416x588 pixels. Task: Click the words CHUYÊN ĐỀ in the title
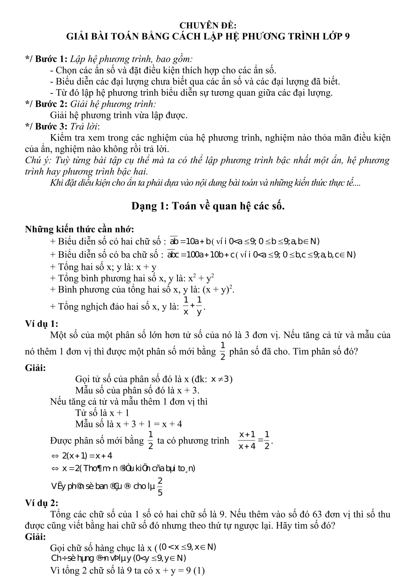tap(208, 26)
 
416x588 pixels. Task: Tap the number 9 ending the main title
tap(347, 37)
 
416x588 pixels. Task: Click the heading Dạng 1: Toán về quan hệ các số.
tap(208, 206)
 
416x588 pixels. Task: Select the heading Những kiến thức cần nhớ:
tap(79, 229)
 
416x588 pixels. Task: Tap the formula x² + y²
tap(201, 278)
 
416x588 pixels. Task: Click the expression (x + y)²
tap(218, 289)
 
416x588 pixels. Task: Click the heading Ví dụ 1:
tap(41, 324)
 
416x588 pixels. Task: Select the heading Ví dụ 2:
tap(41, 503)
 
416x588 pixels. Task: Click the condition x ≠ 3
tap(220, 379)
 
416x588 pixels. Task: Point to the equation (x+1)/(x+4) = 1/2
tap(254, 440)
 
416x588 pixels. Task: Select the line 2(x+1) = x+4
tap(87, 456)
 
